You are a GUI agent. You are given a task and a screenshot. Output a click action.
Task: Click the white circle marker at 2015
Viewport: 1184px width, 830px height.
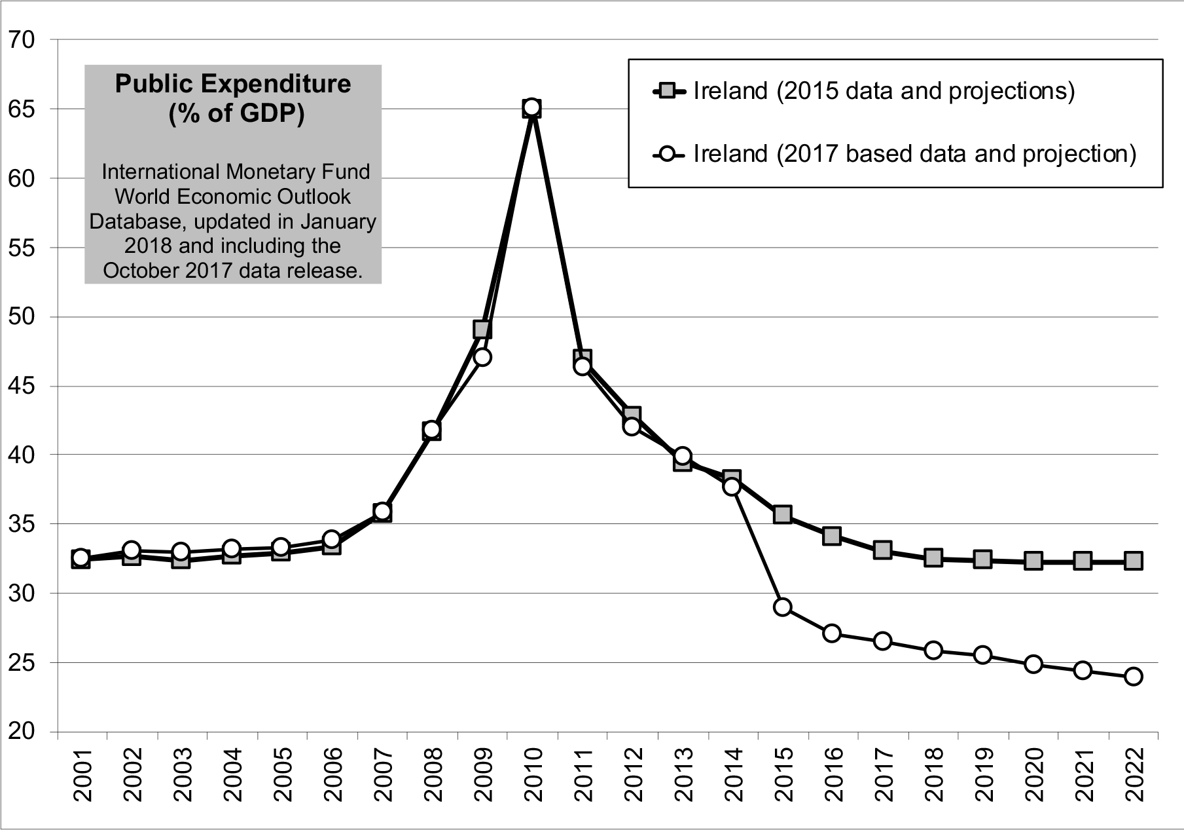pos(782,607)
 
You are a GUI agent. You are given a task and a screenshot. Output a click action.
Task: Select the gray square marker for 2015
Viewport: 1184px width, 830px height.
pos(782,514)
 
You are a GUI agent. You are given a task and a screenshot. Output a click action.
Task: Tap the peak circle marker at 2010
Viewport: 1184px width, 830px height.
pos(532,107)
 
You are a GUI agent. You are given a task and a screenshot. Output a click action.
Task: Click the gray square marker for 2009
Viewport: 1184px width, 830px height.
pos(482,329)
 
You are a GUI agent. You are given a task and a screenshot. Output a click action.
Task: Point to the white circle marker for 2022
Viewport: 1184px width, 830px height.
pos(1134,677)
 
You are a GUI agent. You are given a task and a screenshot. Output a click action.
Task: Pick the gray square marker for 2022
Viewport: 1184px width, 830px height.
pos(1134,561)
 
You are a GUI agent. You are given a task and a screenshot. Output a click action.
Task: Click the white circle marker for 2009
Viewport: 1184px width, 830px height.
pos(482,358)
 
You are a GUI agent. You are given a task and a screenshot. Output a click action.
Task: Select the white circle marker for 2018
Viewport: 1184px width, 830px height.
pos(933,651)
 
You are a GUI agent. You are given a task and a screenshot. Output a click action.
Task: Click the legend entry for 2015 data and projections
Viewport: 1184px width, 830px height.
pos(884,91)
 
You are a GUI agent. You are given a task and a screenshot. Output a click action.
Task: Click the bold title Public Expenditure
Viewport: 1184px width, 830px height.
pos(233,84)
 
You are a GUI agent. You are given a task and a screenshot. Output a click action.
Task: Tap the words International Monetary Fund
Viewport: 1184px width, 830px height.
pos(236,172)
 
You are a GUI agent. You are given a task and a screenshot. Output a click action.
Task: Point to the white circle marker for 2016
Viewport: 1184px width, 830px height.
pos(832,633)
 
